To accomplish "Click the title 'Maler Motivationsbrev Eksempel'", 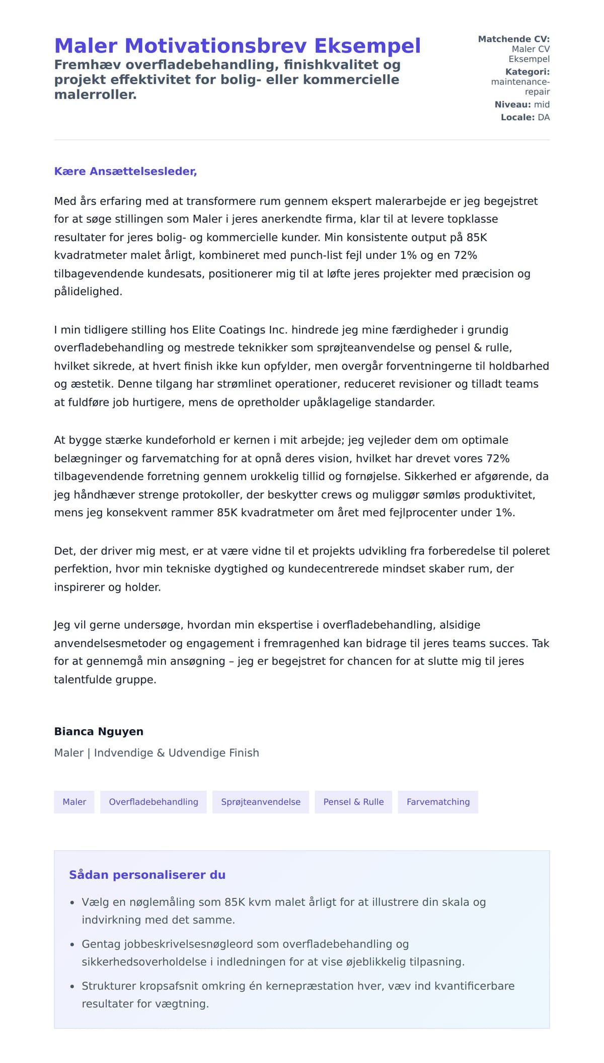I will click(x=237, y=46).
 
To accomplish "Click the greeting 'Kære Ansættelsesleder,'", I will click(x=125, y=171).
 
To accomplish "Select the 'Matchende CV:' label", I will click(x=513, y=39).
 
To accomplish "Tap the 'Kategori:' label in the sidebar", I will click(x=527, y=72).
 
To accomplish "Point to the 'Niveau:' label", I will click(x=512, y=104).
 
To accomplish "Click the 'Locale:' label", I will click(x=517, y=117).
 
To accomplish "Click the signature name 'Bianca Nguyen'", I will click(x=99, y=731).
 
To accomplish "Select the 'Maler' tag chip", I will click(x=74, y=802).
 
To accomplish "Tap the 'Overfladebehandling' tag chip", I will click(x=154, y=802).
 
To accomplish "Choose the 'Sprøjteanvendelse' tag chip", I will click(x=261, y=802).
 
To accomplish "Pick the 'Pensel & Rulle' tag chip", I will click(x=353, y=802).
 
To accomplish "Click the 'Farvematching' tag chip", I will click(x=438, y=802).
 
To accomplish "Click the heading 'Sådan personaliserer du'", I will click(x=147, y=875).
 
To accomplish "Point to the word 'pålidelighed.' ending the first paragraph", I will click(x=88, y=292).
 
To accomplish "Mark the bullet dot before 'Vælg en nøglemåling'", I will click(x=72, y=903).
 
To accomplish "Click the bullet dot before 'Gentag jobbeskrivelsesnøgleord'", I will click(x=72, y=945).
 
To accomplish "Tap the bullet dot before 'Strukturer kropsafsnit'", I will click(x=72, y=986).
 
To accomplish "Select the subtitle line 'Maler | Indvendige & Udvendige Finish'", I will click(x=157, y=753).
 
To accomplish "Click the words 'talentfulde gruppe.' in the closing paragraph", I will click(x=105, y=679).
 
